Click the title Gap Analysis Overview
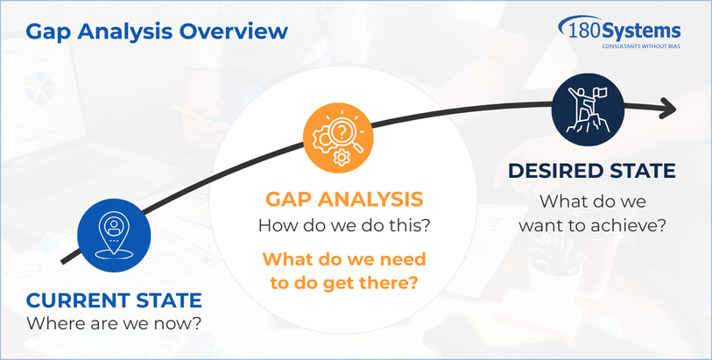click(x=157, y=32)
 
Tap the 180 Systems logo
click(x=619, y=32)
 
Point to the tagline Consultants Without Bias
click(x=641, y=46)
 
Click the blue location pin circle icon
click(x=114, y=235)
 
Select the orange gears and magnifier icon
click(x=338, y=138)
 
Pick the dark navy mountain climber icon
click(x=588, y=109)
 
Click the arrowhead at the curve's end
click(x=668, y=109)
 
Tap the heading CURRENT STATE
click(x=114, y=300)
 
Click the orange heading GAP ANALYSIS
click(x=344, y=200)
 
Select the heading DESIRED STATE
click(x=592, y=171)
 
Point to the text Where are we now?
click(x=114, y=324)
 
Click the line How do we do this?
click(x=344, y=225)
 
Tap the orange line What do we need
click(x=344, y=259)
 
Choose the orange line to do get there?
click(x=344, y=283)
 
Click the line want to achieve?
click(x=592, y=225)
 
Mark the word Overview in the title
click(x=234, y=32)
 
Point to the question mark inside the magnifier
click(x=339, y=131)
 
